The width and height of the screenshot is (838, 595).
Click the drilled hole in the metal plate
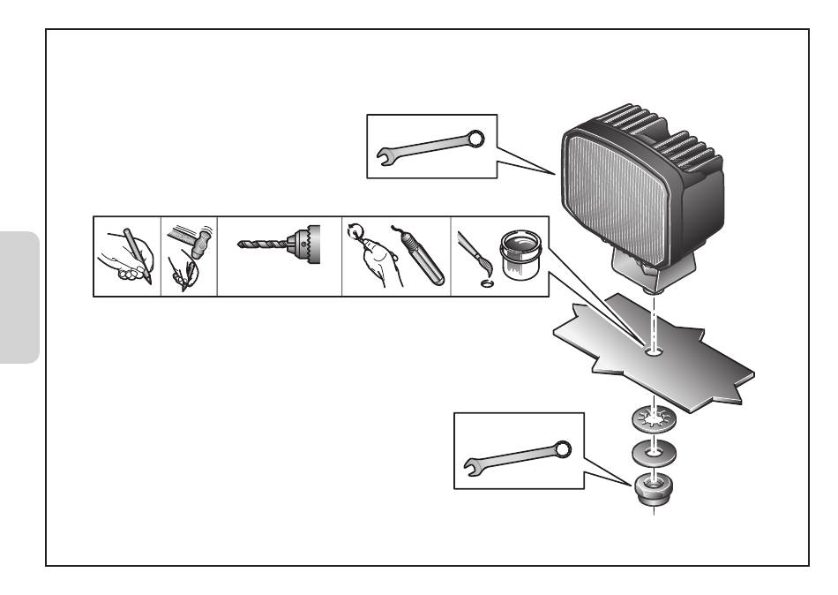(x=653, y=352)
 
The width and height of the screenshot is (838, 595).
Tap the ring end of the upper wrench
(x=475, y=138)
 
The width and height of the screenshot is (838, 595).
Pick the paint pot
(x=520, y=256)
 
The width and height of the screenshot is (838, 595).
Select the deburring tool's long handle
(x=423, y=270)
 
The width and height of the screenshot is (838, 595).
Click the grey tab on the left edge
(x=20, y=297)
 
